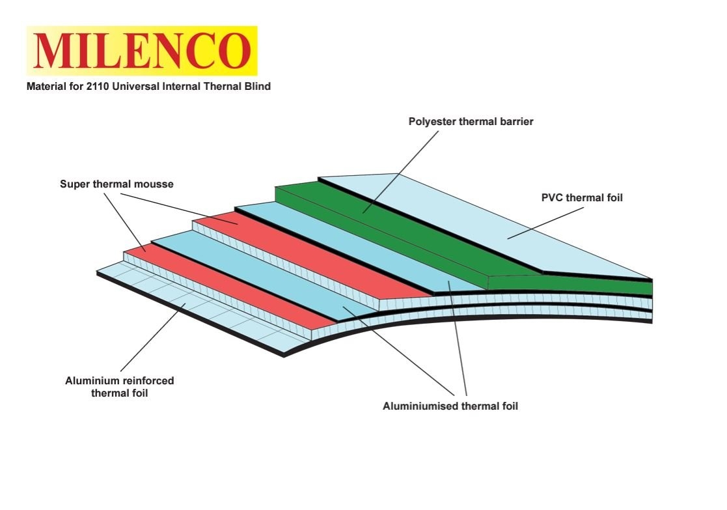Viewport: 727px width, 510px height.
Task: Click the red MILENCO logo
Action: pyautogui.click(x=142, y=51)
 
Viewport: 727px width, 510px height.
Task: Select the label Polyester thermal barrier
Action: pyautogui.click(x=471, y=121)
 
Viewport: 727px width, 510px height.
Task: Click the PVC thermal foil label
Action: pyautogui.click(x=582, y=197)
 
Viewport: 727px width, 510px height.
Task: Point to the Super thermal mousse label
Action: pyautogui.click(x=117, y=184)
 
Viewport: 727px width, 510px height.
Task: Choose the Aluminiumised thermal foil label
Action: pyautogui.click(x=450, y=406)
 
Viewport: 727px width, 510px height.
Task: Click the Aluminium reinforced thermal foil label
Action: pyautogui.click(x=120, y=387)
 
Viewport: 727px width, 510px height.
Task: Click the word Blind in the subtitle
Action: pyautogui.click(x=257, y=86)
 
